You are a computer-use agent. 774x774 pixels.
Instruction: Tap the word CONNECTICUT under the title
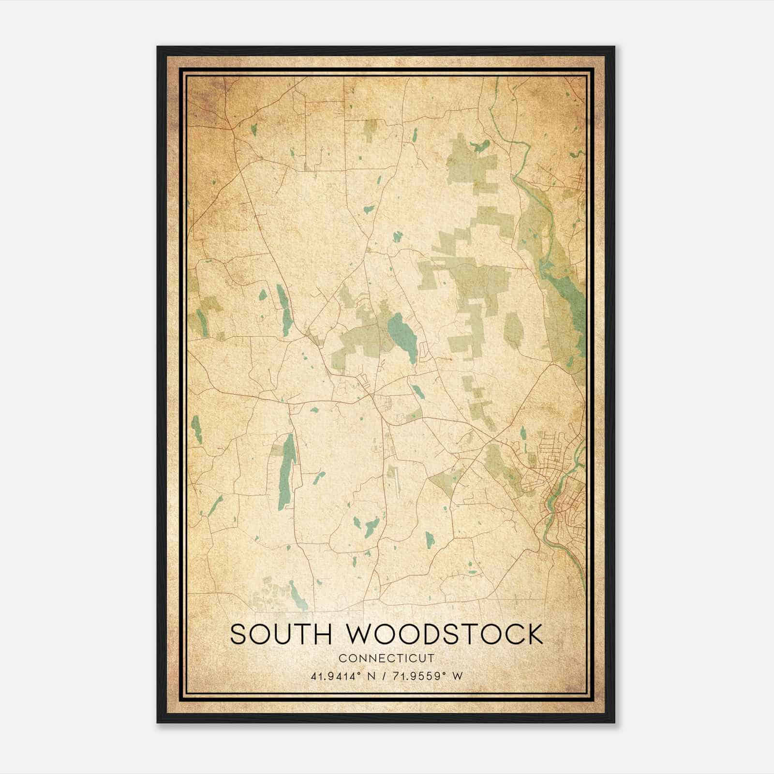pyautogui.click(x=387, y=658)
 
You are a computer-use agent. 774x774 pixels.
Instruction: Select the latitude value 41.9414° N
pyautogui.click(x=343, y=676)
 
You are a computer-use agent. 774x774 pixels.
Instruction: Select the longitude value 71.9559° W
pyautogui.click(x=429, y=676)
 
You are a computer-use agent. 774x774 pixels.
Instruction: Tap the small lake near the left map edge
pyautogui.click(x=196, y=428)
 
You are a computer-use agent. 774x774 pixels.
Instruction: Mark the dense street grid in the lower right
pyautogui.click(x=564, y=503)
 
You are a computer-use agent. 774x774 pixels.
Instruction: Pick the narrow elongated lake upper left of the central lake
pyautogui.click(x=283, y=310)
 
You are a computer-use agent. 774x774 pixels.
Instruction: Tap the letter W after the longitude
pyautogui.click(x=458, y=676)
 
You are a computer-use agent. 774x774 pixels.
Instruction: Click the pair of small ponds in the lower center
pyautogui.click(x=365, y=525)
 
